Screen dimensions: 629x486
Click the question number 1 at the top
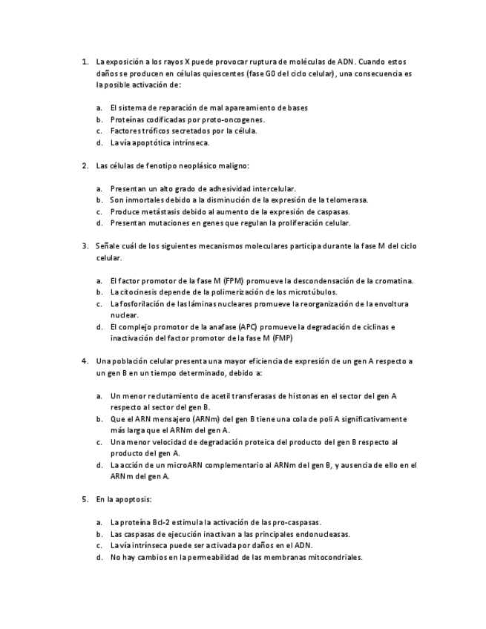[x=84, y=62]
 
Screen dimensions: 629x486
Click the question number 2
[x=84, y=165]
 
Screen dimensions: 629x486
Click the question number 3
[x=84, y=246]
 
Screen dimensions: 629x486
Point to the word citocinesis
[x=142, y=292]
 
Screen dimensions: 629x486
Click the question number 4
[x=84, y=361]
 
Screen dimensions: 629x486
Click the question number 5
[x=84, y=499]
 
